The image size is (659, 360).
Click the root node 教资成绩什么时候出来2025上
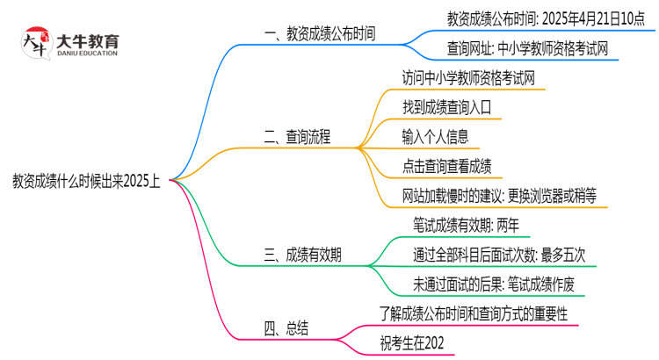click(86, 181)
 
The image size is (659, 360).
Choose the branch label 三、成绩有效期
click(302, 256)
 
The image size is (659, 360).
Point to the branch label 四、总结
click(286, 329)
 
